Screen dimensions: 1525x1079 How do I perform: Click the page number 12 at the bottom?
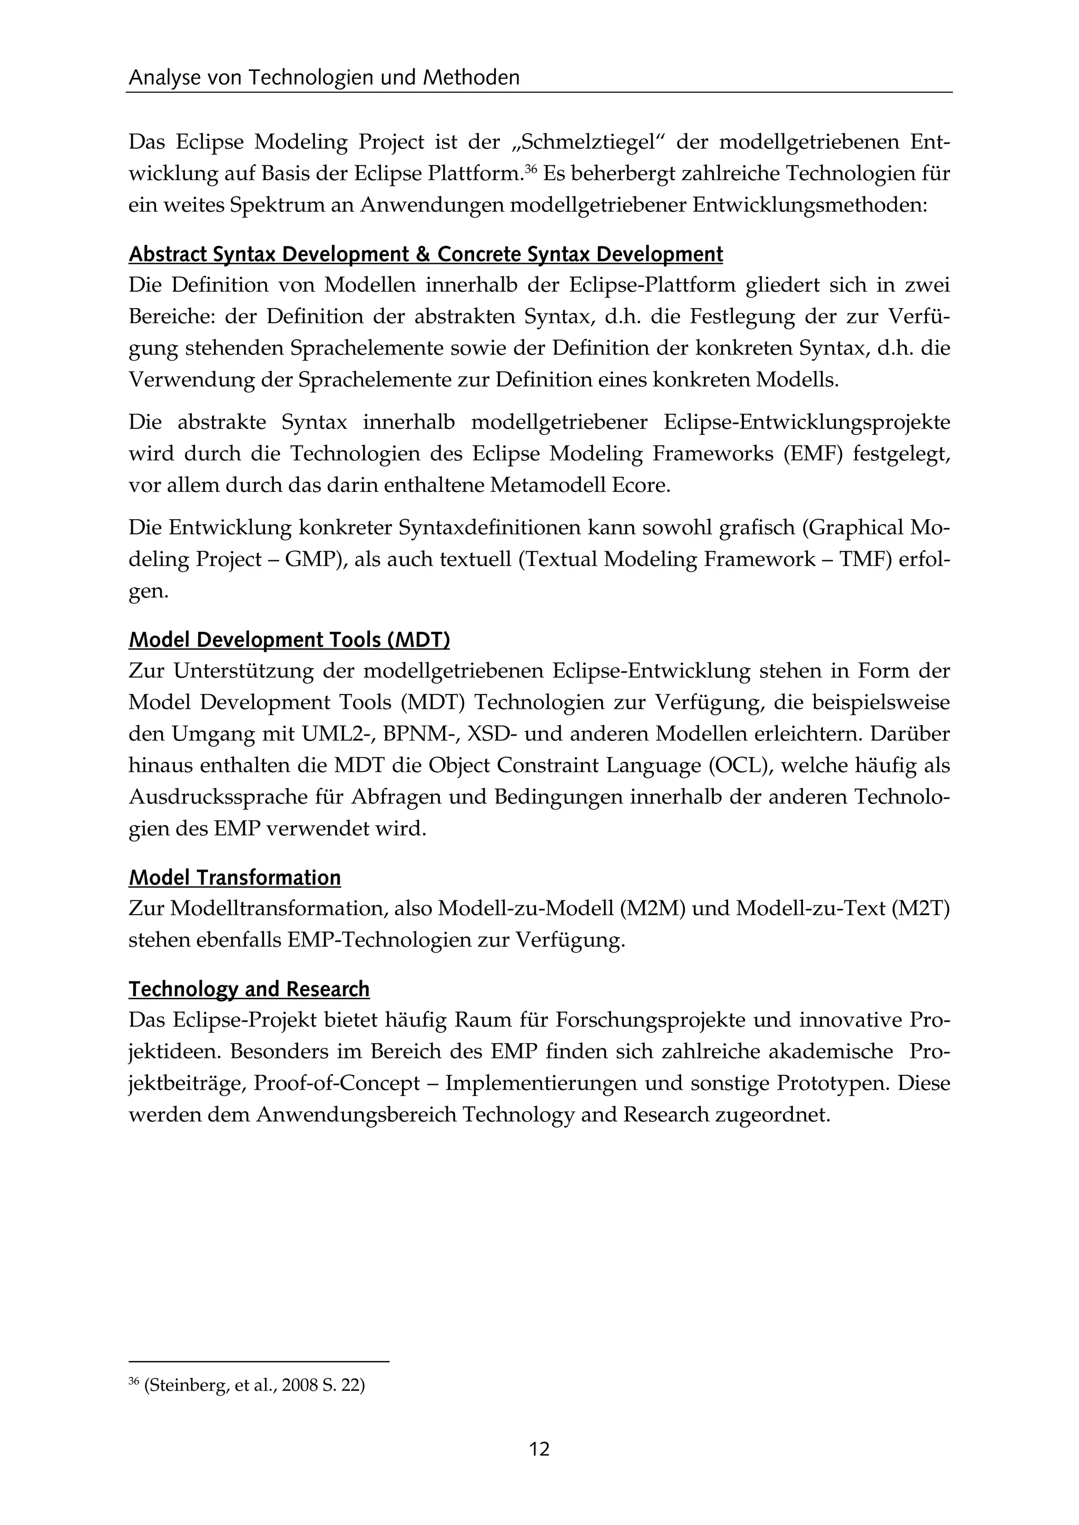pos(539,1449)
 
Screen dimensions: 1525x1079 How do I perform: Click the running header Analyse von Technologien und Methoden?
pos(323,78)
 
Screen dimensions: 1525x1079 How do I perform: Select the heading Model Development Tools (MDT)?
pos(289,640)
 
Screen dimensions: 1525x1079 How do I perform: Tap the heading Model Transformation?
pos(234,877)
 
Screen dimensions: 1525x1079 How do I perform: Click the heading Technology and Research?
pos(249,989)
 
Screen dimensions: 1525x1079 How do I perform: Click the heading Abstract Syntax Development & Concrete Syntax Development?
pos(425,254)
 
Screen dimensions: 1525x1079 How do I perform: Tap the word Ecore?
pos(639,486)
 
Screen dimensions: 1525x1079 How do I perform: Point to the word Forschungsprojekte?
pos(671,1019)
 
